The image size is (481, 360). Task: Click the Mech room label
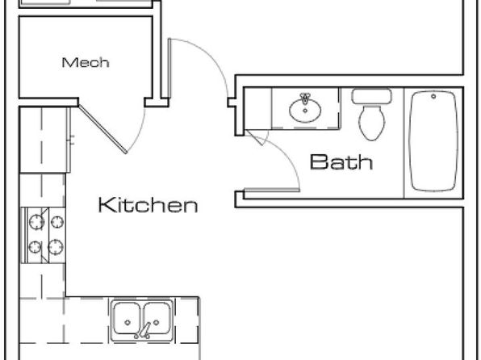coord(86,63)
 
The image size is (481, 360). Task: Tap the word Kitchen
coord(148,205)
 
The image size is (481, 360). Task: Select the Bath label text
coord(341,162)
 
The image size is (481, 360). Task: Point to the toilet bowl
coord(371,123)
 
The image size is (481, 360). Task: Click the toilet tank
coord(371,96)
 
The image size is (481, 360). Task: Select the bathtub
coord(433,141)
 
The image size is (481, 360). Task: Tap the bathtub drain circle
coord(433,96)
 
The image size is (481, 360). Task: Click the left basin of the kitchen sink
coord(127,318)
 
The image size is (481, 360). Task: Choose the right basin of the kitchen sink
coord(156,318)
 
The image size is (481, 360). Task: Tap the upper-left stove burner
coord(36,222)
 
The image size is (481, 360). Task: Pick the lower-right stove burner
coord(56,247)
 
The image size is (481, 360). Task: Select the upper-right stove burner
coord(57,222)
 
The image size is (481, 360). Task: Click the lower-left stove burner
coord(35,247)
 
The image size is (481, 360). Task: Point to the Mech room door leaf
coord(102,129)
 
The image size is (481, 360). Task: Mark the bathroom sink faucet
coord(304,98)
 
